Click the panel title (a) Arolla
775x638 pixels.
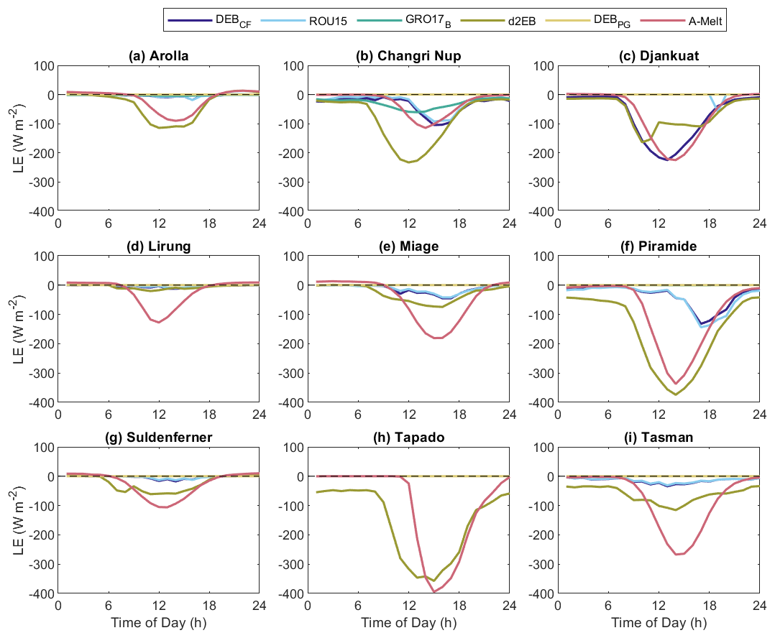tap(158, 55)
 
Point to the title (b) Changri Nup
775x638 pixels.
tap(408, 55)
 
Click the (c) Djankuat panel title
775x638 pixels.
tap(659, 55)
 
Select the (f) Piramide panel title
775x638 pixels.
tap(659, 246)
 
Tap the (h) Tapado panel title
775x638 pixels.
tap(408, 437)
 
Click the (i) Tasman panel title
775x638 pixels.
tap(659, 437)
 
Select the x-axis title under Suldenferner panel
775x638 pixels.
tap(158, 622)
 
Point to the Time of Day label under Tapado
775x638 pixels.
tap(408, 622)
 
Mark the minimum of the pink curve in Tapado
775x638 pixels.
tap(434, 591)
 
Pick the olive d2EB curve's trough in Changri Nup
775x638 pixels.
tap(409, 162)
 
